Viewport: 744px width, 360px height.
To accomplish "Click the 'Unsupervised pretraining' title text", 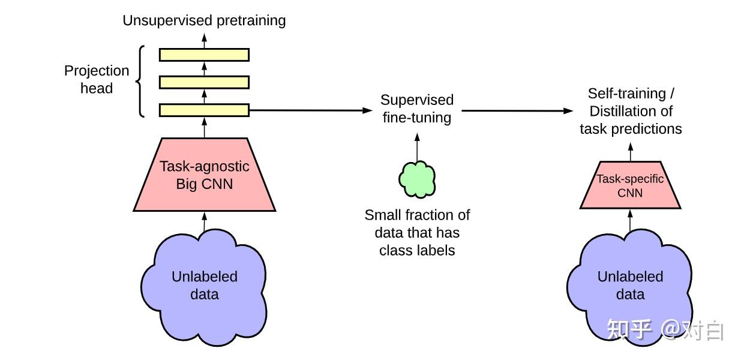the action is (x=204, y=20).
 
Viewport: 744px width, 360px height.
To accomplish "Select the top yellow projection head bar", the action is (x=204, y=55).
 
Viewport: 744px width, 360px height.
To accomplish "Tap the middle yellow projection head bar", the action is (x=204, y=82).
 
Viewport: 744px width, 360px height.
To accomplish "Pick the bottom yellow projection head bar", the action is (x=204, y=110).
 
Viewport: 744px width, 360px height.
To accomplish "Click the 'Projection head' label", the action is (x=97, y=79).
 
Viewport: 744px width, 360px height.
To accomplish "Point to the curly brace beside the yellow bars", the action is (x=139, y=82).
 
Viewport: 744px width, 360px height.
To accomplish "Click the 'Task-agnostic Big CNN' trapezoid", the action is (x=204, y=175).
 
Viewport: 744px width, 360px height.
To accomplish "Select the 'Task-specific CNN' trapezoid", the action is (x=631, y=185).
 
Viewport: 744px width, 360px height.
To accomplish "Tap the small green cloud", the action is (x=417, y=179).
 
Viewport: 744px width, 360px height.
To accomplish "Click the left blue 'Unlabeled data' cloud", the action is (x=204, y=287).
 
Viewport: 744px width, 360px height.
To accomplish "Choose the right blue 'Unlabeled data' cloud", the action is (x=630, y=287).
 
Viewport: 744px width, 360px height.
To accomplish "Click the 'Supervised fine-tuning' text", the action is (x=417, y=109).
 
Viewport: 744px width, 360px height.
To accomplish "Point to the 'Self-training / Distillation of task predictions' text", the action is (x=631, y=111).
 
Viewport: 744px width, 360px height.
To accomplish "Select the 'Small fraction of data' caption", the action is (x=417, y=232).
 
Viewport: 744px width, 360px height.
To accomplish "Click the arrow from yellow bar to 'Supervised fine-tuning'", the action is (x=311, y=110).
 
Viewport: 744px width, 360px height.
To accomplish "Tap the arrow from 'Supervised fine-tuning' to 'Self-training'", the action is (x=517, y=110).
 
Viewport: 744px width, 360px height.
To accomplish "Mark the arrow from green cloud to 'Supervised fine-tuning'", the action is (x=417, y=147).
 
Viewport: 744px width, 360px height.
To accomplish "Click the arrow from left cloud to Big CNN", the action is (x=204, y=221).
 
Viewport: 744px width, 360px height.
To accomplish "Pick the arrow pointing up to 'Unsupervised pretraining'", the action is (x=204, y=41).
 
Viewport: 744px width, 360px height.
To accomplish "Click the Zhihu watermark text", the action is (x=665, y=330).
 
